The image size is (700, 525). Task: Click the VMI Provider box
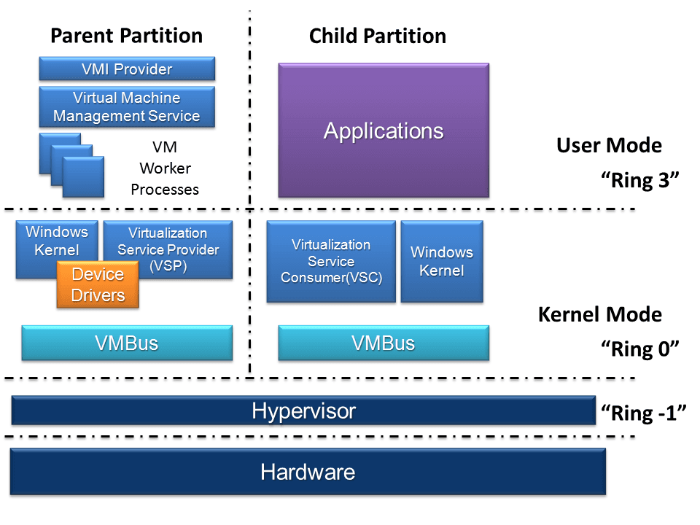pyautogui.click(x=127, y=69)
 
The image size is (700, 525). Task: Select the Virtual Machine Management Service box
pyautogui.click(x=127, y=106)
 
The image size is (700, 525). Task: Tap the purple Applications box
pyautogui.click(x=384, y=131)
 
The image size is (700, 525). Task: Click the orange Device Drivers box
pyautogui.click(x=98, y=285)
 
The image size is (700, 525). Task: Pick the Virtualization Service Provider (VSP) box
pyautogui.click(x=168, y=249)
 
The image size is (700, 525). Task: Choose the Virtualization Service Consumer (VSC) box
pyautogui.click(x=331, y=261)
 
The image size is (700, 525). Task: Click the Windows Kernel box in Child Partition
pyautogui.click(x=442, y=261)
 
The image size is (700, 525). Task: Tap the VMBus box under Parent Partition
pyautogui.click(x=127, y=343)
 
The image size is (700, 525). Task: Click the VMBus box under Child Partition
pyautogui.click(x=384, y=343)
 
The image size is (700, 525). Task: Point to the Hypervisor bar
pyautogui.click(x=303, y=411)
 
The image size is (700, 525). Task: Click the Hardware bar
pyautogui.click(x=308, y=472)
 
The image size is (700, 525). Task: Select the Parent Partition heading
pyautogui.click(x=126, y=35)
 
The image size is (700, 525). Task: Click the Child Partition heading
pyautogui.click(x=378, y=36)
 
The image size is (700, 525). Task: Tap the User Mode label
pyautogui.click(x=609, y=145)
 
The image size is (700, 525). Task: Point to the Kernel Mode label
pyautogui.click(x=599, y=314)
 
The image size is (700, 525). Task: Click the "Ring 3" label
pyautogui.click(x=639, y=180)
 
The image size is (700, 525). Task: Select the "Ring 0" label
pyautogui.click(x=639, y=349)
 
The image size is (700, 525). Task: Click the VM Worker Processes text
pyautogui.click(x=165, y=168)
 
